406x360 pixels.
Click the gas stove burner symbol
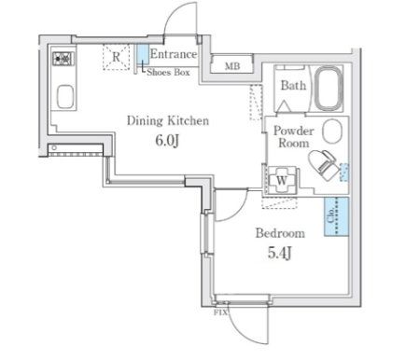pyautogui.click(x=64, y=59)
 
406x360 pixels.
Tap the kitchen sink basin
pyautogui.click(x=65, y=96)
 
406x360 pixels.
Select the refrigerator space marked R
pyautogui.click(x=116, y=57)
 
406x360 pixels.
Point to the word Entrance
pyautogui.click(x=174, y=54)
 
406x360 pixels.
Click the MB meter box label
pyautogui.click(x=232, y=66)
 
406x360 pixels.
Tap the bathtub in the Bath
pyautogui.click(x=329, y=89)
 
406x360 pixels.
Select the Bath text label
pyautogui.click(x=293, y=85)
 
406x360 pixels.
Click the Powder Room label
pyautogui.click(x=293, y=137)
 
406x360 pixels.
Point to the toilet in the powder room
pyautogui.click(x=323, y=164)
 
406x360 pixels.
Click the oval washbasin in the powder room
pyautogui.click(x=332, y=131)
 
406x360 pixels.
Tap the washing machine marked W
pyautogui.click(x=282, y=180)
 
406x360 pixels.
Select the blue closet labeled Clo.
pyautogui.click(x=336, y=216)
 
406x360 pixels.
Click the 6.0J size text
pyautogui.click(x=167, y=142)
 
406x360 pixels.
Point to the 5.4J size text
pyautogui.click(x=280, y=254)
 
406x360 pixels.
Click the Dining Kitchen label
pyautogui.click(x=168, y=120)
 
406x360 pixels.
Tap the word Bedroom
pyautogui.click(x=280, y=233)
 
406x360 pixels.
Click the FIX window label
pyautogui.click(x=220, y=312)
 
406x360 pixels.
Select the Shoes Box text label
pyautogui.click(x=168, y=73)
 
